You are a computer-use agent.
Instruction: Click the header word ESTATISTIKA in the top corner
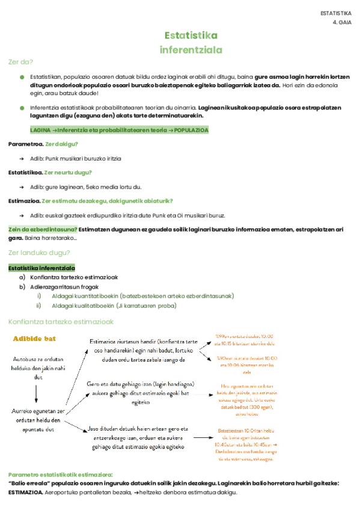336,13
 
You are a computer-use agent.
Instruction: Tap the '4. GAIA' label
341,22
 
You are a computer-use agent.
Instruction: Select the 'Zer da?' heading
20,62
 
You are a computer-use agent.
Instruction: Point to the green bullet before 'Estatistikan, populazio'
22,78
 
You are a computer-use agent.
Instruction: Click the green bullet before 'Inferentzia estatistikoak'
22,107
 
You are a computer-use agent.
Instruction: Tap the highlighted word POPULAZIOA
192,129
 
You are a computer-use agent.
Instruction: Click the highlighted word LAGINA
40,129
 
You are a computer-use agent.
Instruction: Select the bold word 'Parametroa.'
26,144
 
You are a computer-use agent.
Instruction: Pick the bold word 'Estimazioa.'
25,201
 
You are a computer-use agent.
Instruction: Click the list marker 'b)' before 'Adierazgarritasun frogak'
22,287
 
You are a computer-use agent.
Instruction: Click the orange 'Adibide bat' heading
34,339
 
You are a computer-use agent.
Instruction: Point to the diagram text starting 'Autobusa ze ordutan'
38,367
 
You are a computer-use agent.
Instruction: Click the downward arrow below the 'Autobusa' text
37,393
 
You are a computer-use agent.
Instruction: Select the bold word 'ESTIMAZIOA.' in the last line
25,491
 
